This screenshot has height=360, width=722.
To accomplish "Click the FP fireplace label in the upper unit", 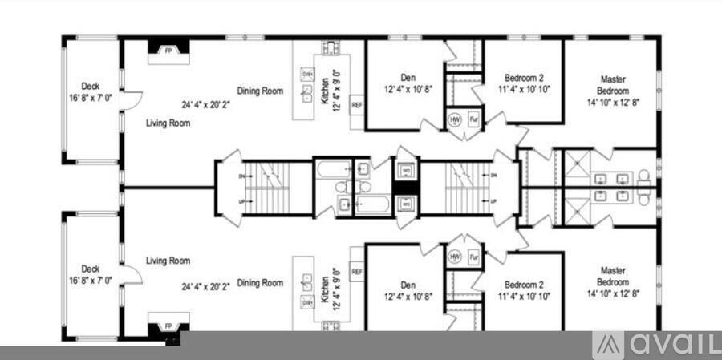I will [x=168, y=51].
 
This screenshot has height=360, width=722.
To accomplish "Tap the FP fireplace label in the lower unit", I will [x=168, y=326].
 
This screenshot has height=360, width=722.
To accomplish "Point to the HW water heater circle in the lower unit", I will [x=454, y=257].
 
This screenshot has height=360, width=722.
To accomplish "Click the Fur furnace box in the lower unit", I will [x=473, y=257].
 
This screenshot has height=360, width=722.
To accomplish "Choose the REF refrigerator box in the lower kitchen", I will [x=357, y=272].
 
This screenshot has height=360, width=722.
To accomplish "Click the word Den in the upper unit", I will [x=408, y=78].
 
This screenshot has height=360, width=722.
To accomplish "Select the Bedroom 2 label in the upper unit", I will [x=524, y=78].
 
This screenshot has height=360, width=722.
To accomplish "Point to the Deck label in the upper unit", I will [x=91, y=86].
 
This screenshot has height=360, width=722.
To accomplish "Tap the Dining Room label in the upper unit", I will [x=260, y=91].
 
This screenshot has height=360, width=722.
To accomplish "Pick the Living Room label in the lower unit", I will [x=168, y=261].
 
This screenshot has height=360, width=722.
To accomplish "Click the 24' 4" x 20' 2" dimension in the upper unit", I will [x=205, y=103].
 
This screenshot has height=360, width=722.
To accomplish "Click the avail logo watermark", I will [x=656, y=345].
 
